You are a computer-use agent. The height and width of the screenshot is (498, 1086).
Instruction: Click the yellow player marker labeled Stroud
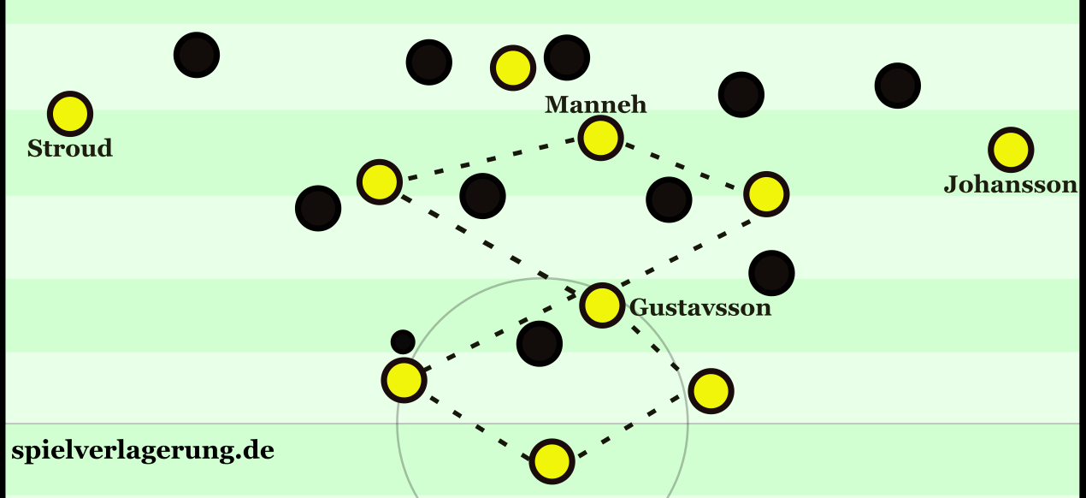(70, 113)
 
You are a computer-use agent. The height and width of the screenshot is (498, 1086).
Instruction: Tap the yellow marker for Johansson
(1011, 150)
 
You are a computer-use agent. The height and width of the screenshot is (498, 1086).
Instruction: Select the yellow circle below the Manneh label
(600, 137)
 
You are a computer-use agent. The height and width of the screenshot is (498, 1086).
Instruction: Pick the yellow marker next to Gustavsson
(602, 304)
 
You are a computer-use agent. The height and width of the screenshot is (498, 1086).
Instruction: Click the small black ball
(403, 342)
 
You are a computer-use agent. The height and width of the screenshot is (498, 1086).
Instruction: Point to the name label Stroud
(70, 149)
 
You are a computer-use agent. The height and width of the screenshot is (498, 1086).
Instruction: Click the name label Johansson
(1010, 185)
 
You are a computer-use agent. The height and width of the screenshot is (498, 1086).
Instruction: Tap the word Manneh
(596, 105)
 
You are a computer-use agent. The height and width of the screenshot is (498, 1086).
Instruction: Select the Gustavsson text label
(700, 308)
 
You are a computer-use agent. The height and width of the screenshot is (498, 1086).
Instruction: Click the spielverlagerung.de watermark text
(143, 451)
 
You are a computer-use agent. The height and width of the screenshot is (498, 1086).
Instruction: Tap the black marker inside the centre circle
(540, 344)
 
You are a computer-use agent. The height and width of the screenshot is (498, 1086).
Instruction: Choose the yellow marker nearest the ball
(404, 380)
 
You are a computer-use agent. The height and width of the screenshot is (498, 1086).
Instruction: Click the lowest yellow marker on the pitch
(552, 461)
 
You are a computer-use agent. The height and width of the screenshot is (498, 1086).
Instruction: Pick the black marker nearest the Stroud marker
(197, 55)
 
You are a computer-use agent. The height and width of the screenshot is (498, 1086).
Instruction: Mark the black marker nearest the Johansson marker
(898, 86)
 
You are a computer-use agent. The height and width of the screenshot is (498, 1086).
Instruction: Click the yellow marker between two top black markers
(512, 67)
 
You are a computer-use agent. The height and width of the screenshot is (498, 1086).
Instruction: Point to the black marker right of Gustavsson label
(771, 273)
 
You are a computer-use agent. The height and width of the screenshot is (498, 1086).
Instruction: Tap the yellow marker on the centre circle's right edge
(711, 391)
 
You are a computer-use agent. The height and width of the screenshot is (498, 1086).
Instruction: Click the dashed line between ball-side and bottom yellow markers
(477, 420)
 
